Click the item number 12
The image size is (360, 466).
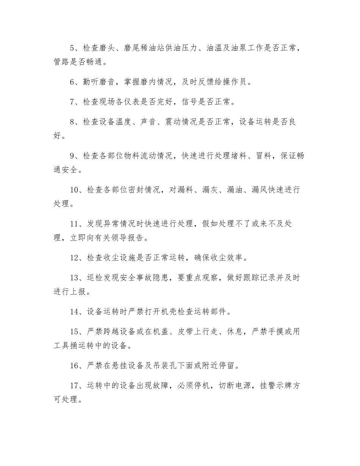click(75, 258)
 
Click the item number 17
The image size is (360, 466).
click(75, 386)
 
